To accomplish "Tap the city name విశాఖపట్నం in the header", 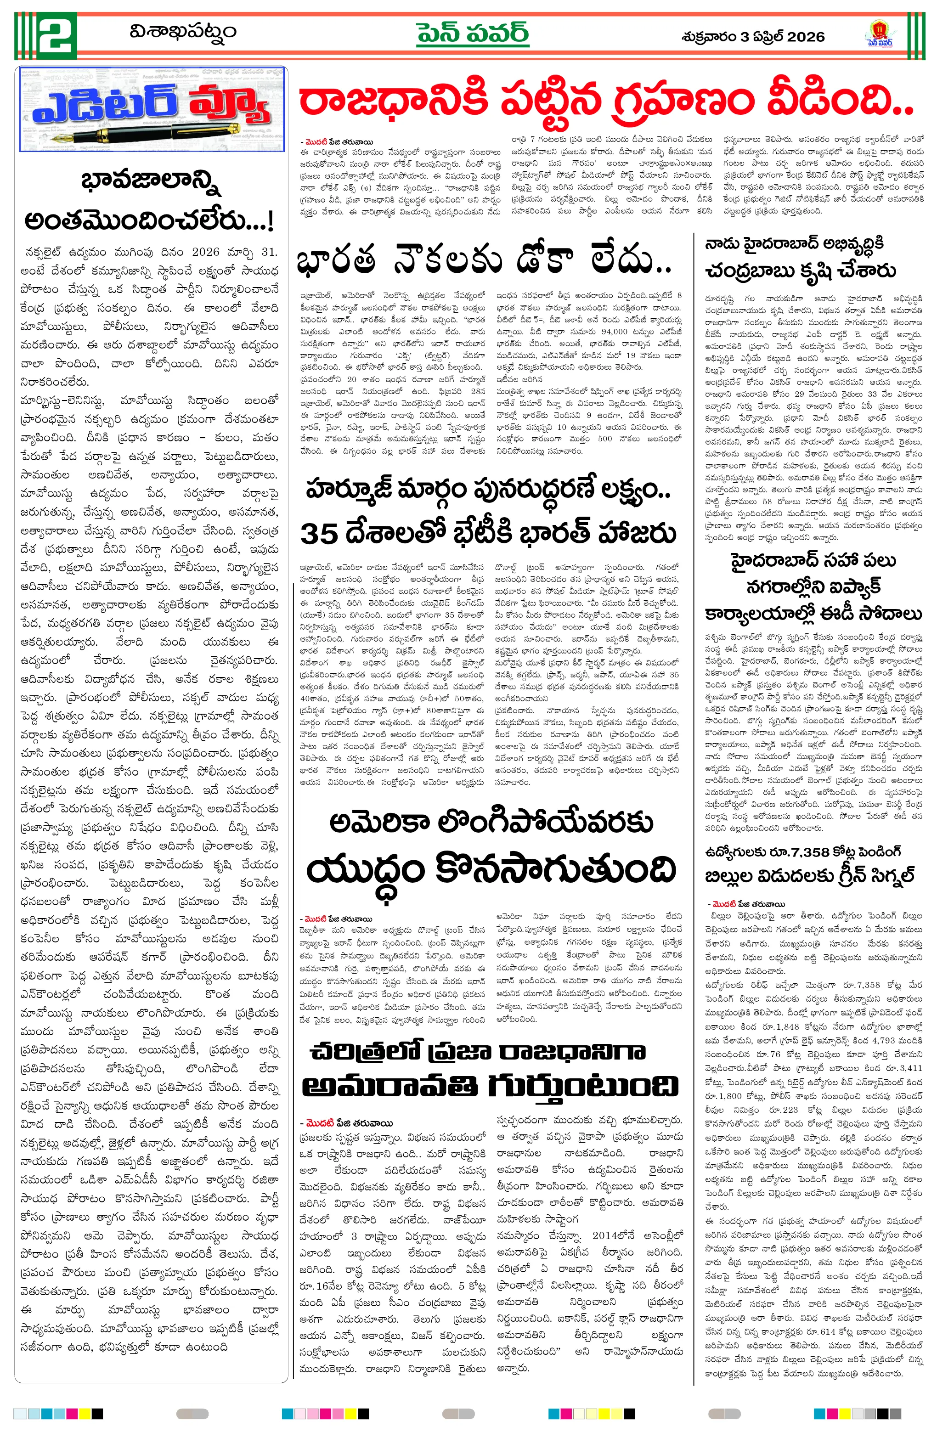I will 183,31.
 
